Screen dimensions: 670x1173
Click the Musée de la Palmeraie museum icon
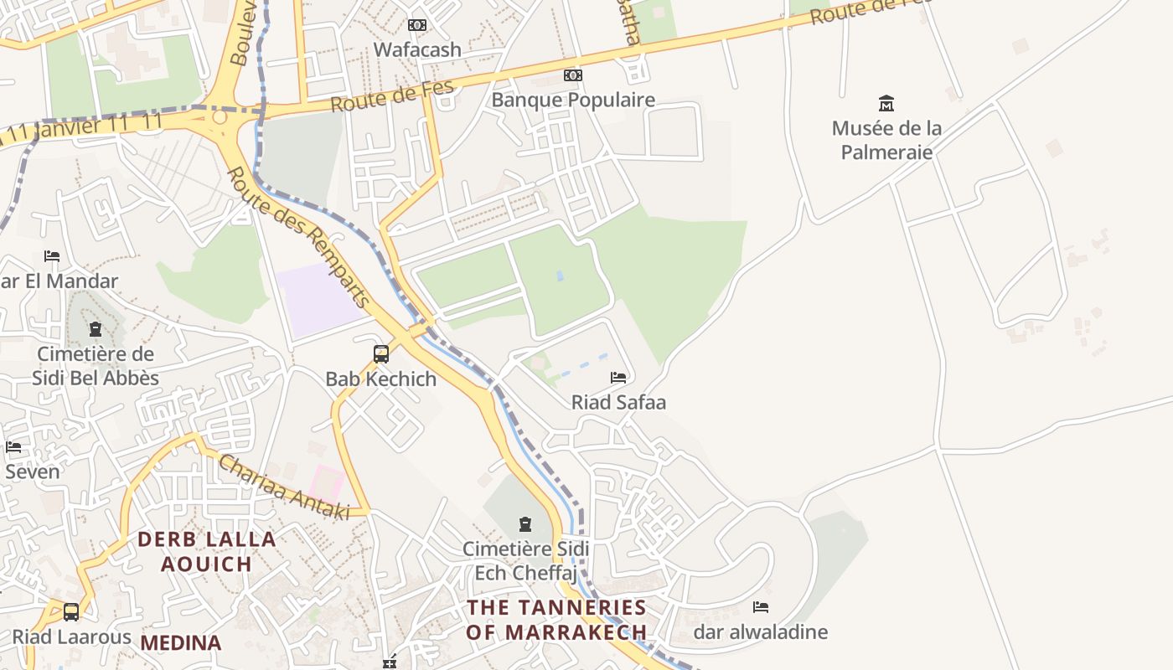pyautogui.click(x=886, y=104)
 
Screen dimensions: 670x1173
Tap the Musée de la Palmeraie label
pyautogui.click(x=886, y=140)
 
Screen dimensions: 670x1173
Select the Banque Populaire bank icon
pyautogui.click(x=573, y=75)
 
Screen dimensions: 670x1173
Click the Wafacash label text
pyautogui.click(x=417, y=49)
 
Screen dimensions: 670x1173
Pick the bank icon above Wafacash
pyautogui.click(x=417, y=25)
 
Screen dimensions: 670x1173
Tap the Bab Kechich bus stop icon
pyautogui.click(x=381, y=354)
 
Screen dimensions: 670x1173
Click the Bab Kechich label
pyautogui.click(x=381, y=379)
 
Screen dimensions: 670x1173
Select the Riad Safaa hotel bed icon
pyautogui.click(x=618, y=378)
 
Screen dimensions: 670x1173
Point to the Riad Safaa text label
pyautogui.click(x=618, y=402)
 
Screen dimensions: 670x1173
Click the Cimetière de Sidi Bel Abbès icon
pyautogui.click(x=96, y=329)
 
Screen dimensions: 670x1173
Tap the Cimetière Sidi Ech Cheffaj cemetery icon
pyautogui.click(x=525, y=524)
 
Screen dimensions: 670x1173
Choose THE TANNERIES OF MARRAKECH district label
pyautogui.click(x=556, y=619)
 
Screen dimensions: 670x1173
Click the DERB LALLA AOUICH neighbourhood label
pyautogui.click(x=207, y=551)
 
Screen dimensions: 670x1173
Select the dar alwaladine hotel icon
pyautogui.click(x=761, y=607)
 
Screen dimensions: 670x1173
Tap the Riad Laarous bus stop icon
pyautogui.click(x=71, y=612)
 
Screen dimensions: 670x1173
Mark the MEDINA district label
pyautogui.click(x=181, y=642)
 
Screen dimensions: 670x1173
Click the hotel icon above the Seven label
pyautogui.click(x=13, y=447)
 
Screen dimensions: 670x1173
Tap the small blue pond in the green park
pyautogui.click(x=560, y=276)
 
